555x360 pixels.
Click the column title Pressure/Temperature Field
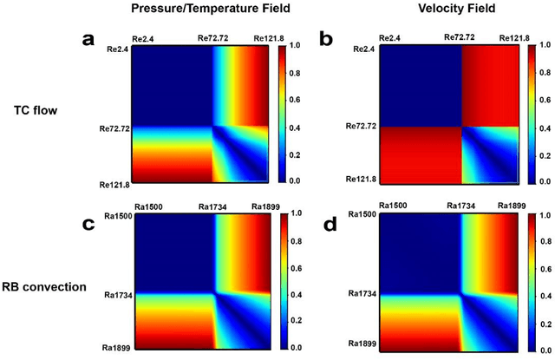[x=200, y=10]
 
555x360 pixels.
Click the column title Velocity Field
[x=445, y=10]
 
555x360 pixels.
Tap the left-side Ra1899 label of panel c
[x=113, y=348]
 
